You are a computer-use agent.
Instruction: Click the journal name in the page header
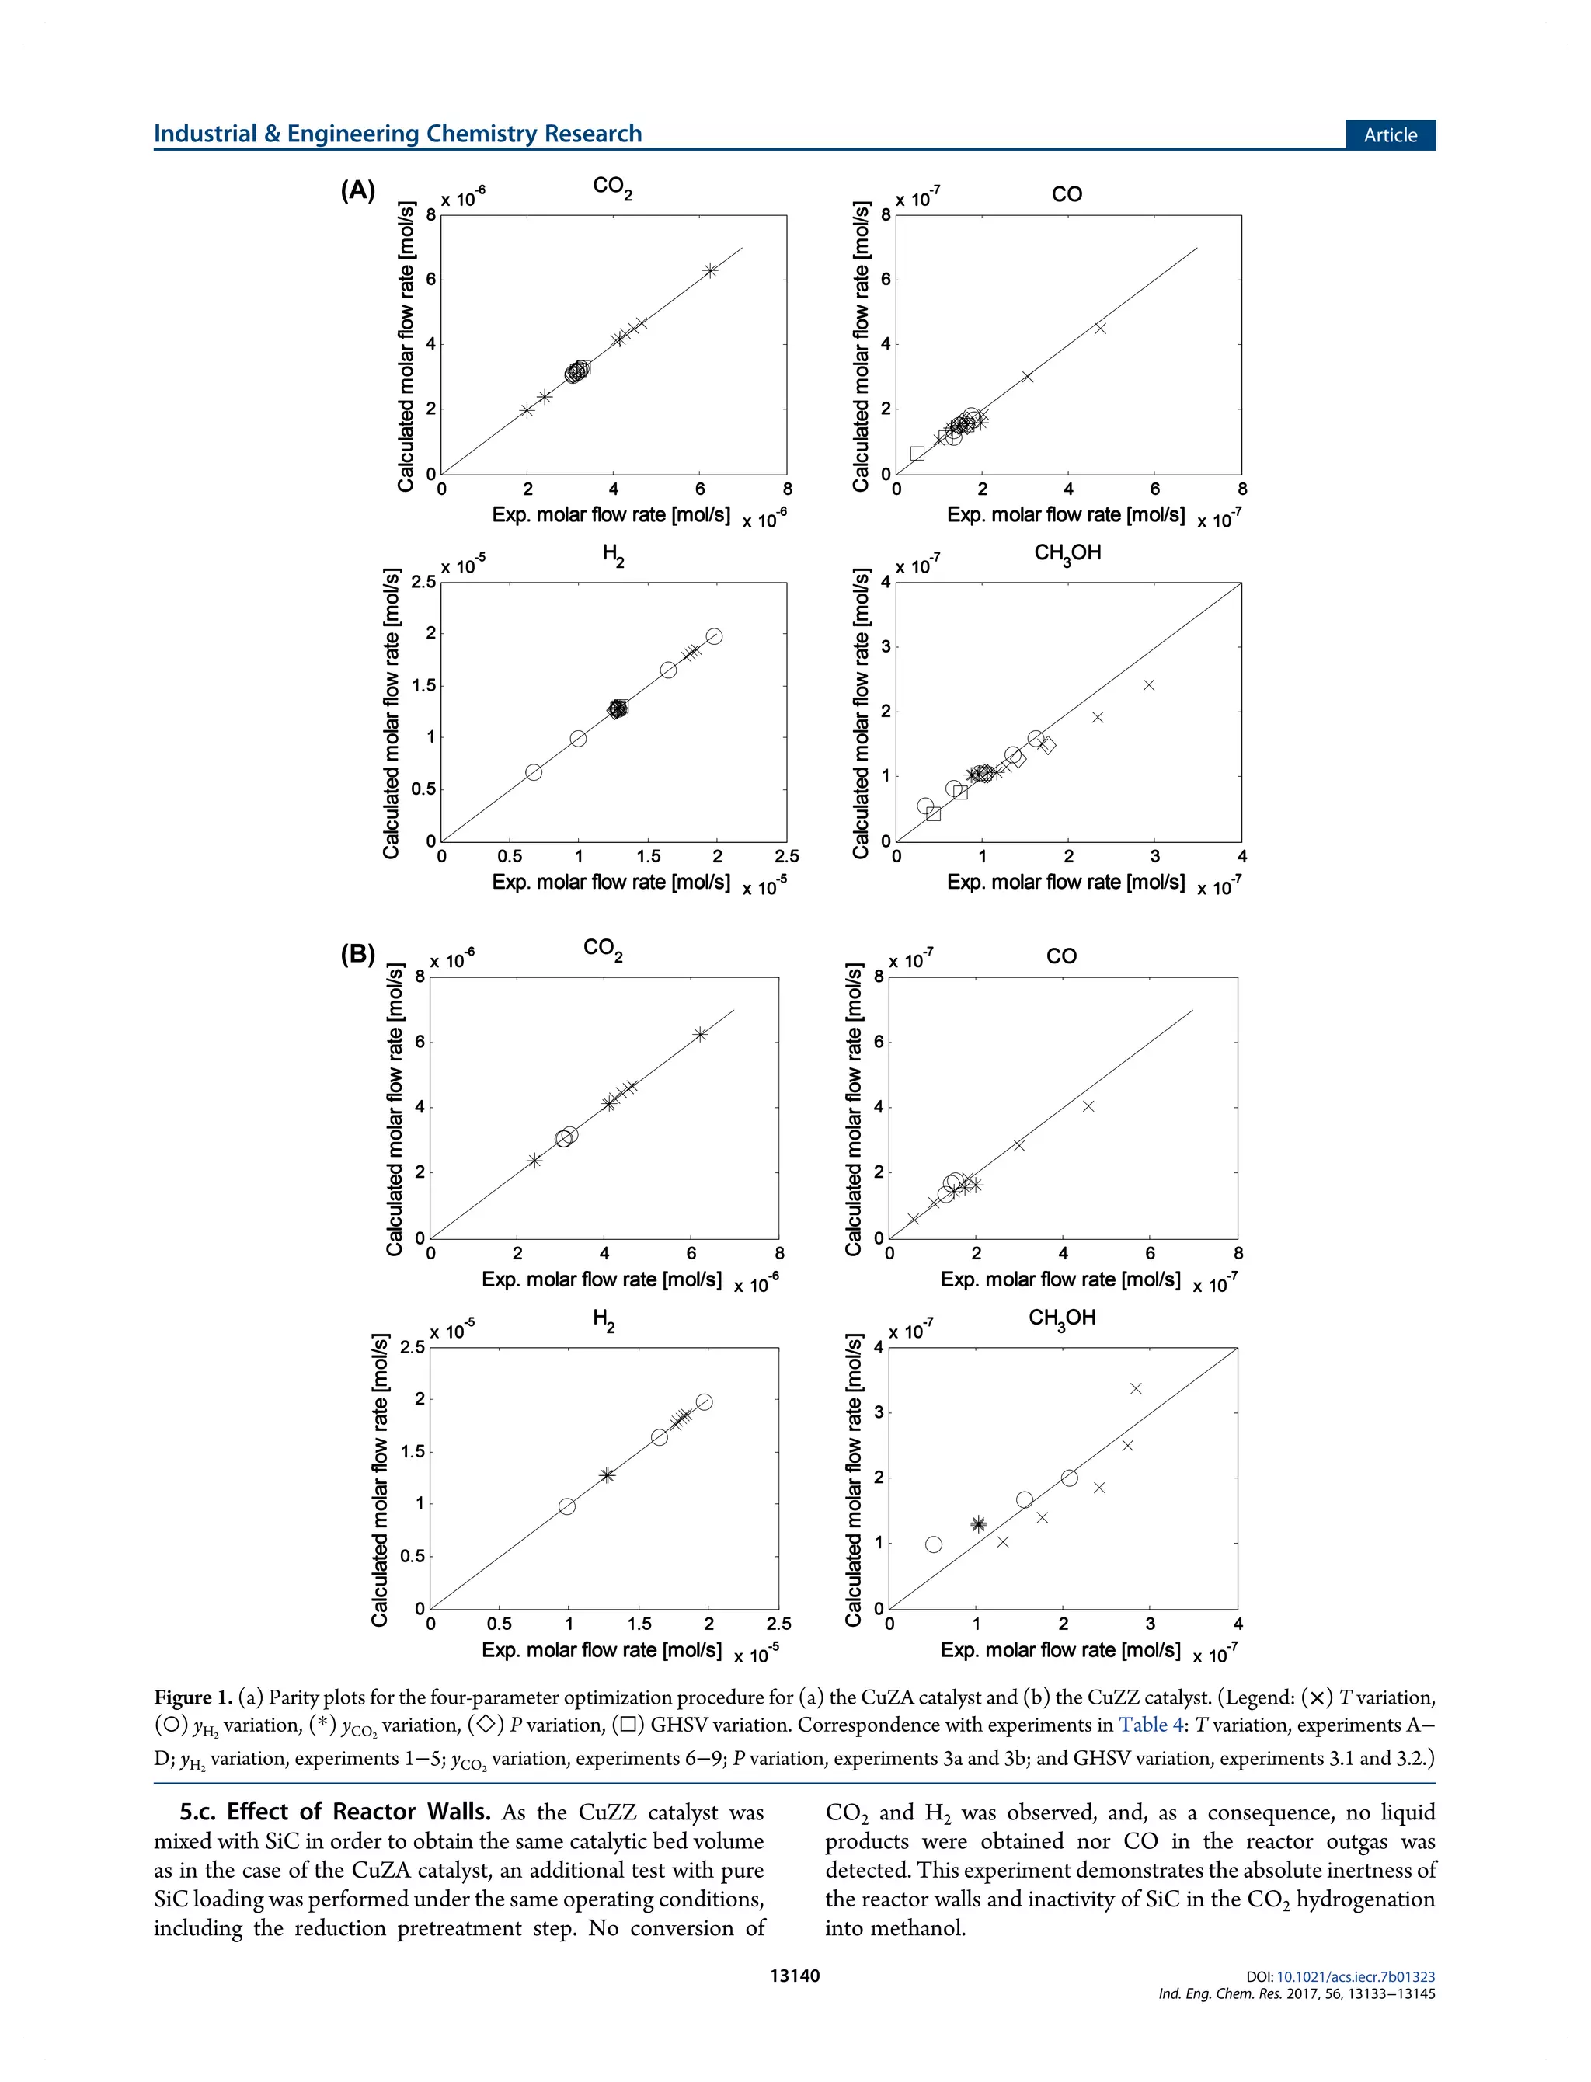pos(398,134)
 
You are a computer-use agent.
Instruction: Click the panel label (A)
pos(358,190)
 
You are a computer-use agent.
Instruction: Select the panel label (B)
pos(358,953)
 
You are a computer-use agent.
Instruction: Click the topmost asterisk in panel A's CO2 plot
pos(710,270)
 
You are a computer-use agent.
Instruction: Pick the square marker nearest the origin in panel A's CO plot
pos(917,454)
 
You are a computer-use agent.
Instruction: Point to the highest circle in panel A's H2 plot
pos(714,636)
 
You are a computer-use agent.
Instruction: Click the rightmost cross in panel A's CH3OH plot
pos(1149,684)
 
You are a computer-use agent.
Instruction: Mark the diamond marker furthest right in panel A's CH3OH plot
pos(1047,745)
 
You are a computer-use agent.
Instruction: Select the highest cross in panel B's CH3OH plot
pos(1136,1388)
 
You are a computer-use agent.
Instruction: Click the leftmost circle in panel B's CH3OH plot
pos(934,1544)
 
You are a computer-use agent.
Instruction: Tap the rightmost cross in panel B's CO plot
pos(1088,1105)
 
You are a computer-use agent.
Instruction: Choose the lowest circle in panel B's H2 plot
pos(567,1506)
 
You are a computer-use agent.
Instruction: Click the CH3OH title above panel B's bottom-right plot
pos(1062,1318)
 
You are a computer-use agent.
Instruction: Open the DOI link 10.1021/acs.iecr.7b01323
pos(1355,1976)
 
